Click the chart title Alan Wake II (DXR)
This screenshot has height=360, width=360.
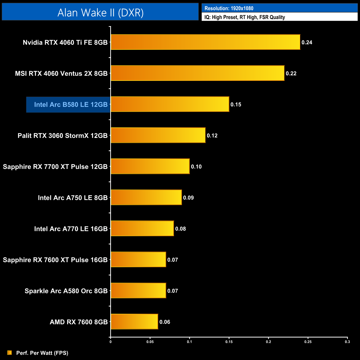coord(100,12)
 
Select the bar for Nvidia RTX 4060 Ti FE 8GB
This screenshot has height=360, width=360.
coord(205,42)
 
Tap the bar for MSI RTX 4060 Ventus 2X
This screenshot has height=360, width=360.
coord(197,73)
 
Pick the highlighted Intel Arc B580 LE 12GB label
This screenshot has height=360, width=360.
coord(71,104)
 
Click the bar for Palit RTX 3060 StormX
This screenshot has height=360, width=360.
coord(158,135)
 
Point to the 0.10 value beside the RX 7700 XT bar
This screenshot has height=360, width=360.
coord(196,166)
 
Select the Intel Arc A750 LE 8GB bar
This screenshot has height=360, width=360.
coord(146,197)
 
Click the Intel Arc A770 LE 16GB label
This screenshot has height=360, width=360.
coord(71,229)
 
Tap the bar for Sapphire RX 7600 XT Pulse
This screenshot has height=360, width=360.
coord(138,259)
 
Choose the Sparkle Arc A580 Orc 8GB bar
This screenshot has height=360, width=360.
coord(138,290)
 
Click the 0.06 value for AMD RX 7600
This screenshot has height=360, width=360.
coord(165,322)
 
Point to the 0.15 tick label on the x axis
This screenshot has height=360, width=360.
coord(229,342)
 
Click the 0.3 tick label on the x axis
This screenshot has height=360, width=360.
coord(347,342)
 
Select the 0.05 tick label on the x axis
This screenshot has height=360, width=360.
coord(150,342)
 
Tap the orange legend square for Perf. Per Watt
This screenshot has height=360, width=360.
coord(10,353)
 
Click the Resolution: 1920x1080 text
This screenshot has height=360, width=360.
coord(229,8)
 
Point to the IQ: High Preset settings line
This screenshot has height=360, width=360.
coord(245,17)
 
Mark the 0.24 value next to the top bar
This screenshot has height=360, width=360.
coord(307,42)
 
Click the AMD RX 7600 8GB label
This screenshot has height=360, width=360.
coord(79,322)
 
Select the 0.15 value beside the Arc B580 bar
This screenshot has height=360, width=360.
coord(236,104)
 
